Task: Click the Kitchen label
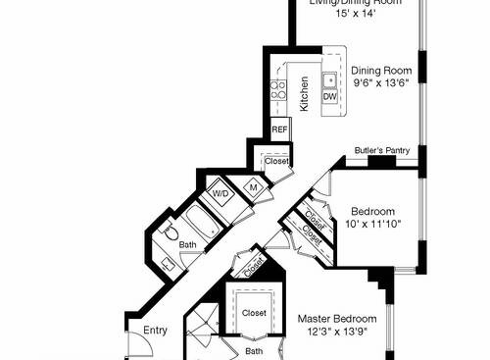[x=305, y=92]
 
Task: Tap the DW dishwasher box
[x=330, y=97]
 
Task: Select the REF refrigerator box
[x=279, y=129]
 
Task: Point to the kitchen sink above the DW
[x=331, y=79]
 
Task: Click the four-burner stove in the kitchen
[x=278, y=90]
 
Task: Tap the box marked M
[x=252, y=185]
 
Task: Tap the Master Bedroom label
[x=338, y=319]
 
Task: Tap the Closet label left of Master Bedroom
[x=254, y=313]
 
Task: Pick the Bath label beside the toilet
[x=187, y=245]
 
